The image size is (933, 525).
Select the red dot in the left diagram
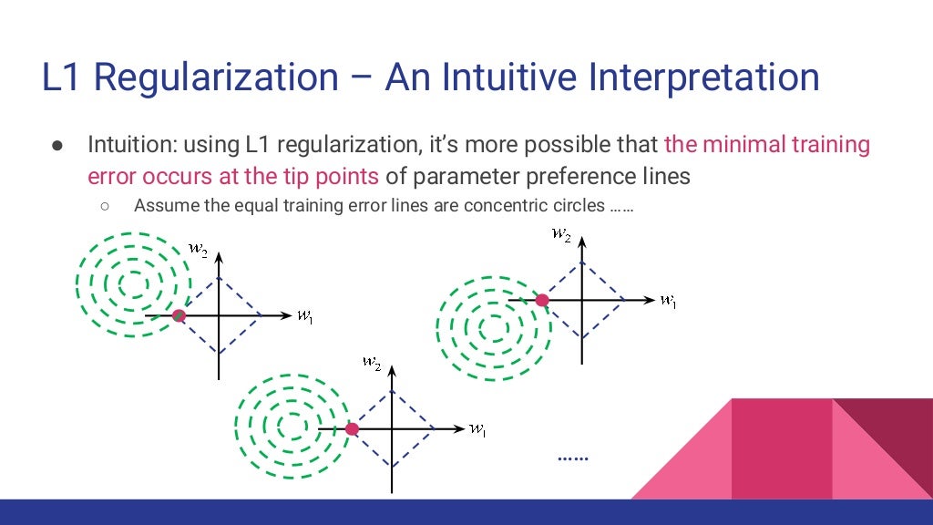pos(179,314)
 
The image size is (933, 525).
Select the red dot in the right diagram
pos(542,300)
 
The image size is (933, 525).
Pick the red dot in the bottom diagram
pos(353,428)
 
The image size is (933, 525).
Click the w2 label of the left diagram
pos(198,246)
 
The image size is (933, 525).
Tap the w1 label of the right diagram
pos(669,300)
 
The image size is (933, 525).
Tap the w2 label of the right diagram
pos(561,233)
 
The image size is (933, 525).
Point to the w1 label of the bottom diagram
pos(477,429)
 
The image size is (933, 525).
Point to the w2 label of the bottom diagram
pos(371,362)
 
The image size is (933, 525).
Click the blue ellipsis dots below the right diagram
pos(573,458)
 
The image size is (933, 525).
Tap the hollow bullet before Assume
pos(105,206)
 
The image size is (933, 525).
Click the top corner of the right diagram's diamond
pos(581,261)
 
